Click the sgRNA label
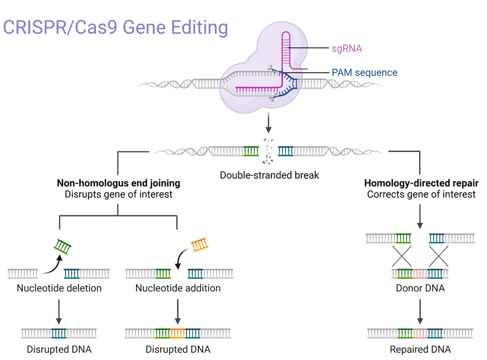(347, 48)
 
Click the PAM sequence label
(364, 72)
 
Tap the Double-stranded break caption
(269, 175)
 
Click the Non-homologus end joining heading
(118, 183)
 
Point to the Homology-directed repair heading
(422, 183)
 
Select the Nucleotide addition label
(178, 288)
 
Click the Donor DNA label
(420, 288)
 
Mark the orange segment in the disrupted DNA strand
(178, 333)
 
